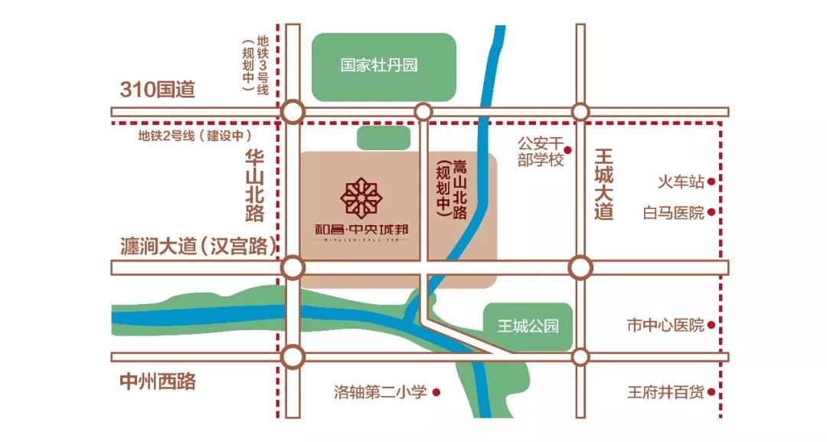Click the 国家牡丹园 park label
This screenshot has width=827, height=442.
click(x=380, y=66)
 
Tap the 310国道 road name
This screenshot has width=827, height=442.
click(x=158, y=90)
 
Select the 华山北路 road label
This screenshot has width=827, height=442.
click(x=254, y=185)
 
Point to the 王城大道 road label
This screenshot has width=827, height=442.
click(x=604, y=185)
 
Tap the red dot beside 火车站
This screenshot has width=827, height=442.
click(x=711, y=182)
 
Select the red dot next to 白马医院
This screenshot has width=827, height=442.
click(x=711, y=213)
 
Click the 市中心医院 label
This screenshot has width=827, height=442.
click(x=665, y=326)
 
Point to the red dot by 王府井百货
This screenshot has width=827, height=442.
click(x=711, y=392)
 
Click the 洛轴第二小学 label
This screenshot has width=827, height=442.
click(x=380, y=392)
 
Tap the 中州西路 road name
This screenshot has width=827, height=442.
click(x=158, y=381)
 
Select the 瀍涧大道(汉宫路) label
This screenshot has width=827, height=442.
click(x=198, y=246)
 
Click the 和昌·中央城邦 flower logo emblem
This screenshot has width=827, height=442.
click(x=361, y=198)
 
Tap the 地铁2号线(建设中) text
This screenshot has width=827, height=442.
click(x=195, y=136)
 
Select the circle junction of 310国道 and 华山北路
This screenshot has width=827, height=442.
click(x=292, y=112)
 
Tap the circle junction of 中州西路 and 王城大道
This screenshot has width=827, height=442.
click(x=580, y=357)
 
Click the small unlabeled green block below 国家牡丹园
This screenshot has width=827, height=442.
click(x=383, y=138)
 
